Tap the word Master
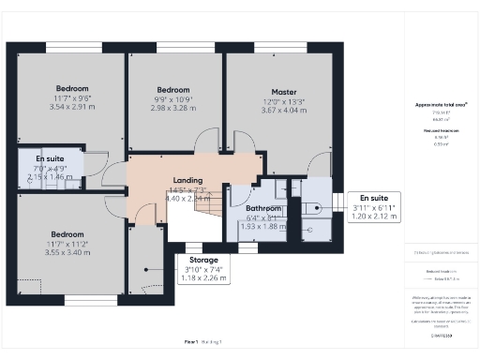coord(271,92)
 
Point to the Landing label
coord(187,180)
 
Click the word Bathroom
coord(262,208)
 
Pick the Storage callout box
coord(203,268)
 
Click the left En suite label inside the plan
coord(51,160)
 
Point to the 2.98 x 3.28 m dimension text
coord(174,108)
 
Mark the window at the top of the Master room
coord(273,47)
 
